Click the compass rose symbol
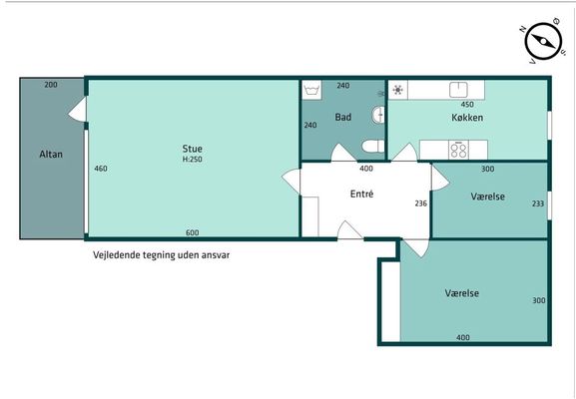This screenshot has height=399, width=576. [x=543, y=41]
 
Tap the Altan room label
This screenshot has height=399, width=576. [x=51, y=155]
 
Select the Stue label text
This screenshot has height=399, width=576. [x=192, y=149]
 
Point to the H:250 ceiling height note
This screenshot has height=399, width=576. [x=192, y=160]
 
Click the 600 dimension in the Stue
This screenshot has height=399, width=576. [x=192, y=232]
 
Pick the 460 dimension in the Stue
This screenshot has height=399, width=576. [x=101, y=169]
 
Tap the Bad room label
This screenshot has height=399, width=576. [x=343, y=118]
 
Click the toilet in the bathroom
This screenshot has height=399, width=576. [x=373, y=146]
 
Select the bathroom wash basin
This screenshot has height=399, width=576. [x=378, y=114]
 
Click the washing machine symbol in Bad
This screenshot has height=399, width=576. [x=311, y=90]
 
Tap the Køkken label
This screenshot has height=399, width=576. [x=467, y=118]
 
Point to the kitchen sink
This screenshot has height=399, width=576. [x=458, y=90]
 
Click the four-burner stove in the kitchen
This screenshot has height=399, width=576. [x=458, y=150]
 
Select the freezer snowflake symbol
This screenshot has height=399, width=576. [x=398, y=90]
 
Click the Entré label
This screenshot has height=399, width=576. [x=361, y=194]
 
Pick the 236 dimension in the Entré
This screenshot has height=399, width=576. [x=421, y=202]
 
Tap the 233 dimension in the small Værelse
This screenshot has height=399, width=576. [x=538, y=202]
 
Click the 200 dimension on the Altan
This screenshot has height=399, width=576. [x=51, y=85]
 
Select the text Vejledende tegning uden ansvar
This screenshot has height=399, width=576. [x=162, y=254]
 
